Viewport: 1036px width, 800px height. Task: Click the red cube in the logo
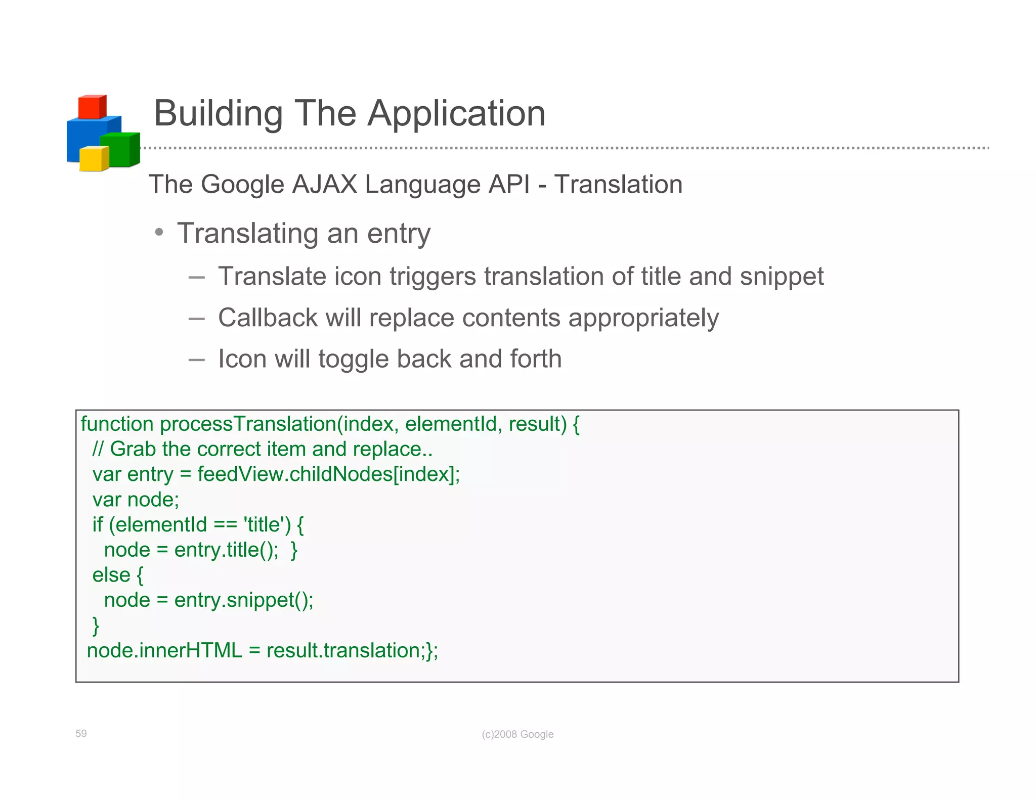tap(92, 107)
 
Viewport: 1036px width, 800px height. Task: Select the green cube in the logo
tap(119, 150)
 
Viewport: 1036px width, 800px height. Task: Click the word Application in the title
tap(456, 113)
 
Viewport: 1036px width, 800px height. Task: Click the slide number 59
tap(81, 733)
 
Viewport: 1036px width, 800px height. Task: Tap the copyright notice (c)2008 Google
tap(517, 734)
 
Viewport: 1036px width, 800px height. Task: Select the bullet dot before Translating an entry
tap(159, 233)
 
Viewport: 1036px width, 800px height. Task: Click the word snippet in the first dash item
tap(782, 277)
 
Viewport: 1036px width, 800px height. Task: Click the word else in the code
tap(111, 575)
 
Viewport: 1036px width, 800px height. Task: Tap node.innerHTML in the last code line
tap(164, 651)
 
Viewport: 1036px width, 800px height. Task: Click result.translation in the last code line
tap(343, 651)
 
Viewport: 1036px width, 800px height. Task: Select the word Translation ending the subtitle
tap(618, 184)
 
